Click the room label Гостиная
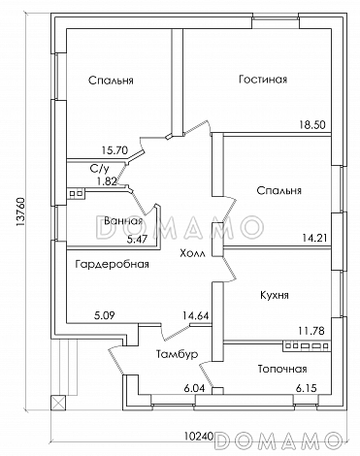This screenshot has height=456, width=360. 262,80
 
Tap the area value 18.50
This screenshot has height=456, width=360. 312,125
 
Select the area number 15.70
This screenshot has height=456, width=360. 115,149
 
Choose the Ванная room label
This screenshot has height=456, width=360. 121,220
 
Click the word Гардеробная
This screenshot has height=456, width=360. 111,262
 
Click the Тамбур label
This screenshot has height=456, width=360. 178,355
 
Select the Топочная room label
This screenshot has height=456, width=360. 282,369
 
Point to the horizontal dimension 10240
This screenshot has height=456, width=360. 200,437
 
